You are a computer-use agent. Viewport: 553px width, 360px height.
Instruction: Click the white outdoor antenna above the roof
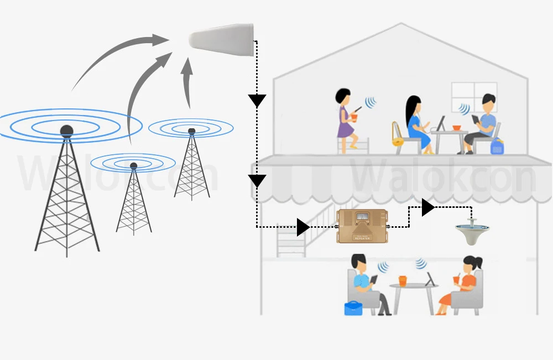point(221,42)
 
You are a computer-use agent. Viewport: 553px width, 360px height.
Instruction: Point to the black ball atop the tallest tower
point(66,131)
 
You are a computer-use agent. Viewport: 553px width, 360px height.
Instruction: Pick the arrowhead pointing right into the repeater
point(302,227)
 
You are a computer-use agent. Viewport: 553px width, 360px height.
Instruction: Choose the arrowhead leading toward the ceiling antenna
point(427,207)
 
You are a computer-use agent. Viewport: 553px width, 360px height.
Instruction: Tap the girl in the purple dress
point(345,121)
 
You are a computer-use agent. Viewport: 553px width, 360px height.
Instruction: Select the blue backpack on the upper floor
point(497,147)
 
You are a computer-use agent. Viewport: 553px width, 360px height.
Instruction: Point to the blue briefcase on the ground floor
point(353,308)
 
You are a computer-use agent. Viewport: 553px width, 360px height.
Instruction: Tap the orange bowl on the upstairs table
point(457,128)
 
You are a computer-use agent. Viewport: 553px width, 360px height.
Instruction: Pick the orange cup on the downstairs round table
point(403,280)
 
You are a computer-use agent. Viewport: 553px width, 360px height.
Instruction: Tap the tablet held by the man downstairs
point(373,280)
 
